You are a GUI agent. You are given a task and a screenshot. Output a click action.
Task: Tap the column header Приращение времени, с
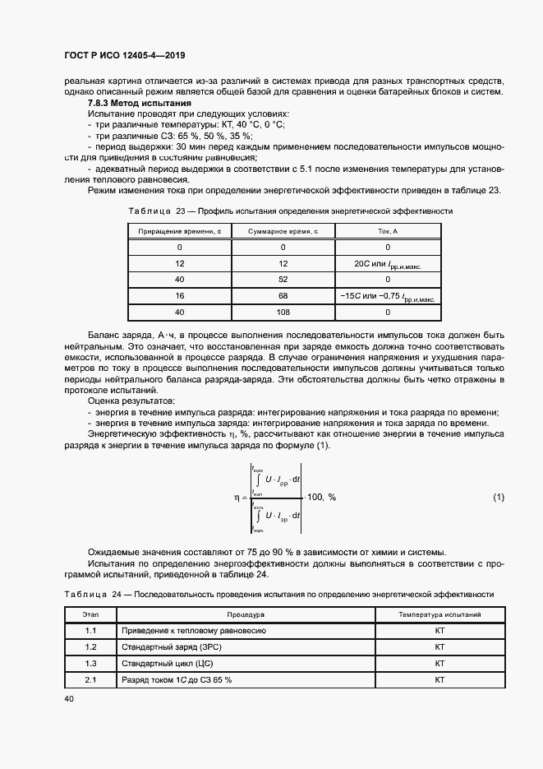180,232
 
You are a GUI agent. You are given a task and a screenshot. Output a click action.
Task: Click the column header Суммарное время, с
283,232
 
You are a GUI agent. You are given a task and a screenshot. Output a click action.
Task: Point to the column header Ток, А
387,232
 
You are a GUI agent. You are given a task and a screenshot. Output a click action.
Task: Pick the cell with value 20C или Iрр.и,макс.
387,263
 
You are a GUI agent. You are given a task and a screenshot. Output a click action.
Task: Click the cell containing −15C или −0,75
387,295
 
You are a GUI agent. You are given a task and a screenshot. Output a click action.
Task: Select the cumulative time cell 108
283,312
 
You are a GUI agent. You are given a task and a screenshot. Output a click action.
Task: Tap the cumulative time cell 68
283,295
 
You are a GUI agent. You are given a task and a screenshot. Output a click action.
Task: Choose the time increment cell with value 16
180,295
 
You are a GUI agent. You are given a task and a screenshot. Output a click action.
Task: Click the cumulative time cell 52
283,280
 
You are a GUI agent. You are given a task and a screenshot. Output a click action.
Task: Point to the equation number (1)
499,498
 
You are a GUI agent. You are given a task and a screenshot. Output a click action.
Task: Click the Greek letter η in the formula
236,498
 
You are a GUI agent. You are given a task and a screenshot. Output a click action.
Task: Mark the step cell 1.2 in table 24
90,647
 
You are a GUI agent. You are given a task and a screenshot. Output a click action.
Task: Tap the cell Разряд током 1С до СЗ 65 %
177,680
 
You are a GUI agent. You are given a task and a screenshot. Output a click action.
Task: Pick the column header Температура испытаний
439,614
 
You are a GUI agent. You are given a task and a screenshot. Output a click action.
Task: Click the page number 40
68,698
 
